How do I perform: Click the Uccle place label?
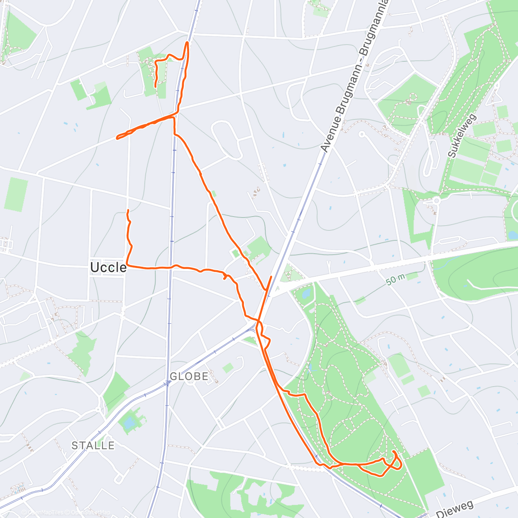tap(108, 268)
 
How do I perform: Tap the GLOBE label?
tap(189, 376)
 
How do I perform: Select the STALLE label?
tap(93, 445)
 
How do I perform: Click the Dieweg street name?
tap(455, 509)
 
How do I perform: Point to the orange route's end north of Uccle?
tap(128, 210)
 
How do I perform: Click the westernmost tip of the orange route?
tap(117, 138)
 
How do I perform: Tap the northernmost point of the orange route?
tap(187, 42)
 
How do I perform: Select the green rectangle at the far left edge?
tap(16, 194)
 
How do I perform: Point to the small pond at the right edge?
tap(512, 235)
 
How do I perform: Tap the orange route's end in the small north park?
tap(155, 87)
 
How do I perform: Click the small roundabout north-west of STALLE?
tap(98, 409)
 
